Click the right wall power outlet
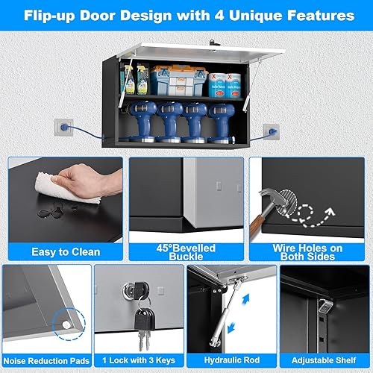[x=273, y=131]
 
